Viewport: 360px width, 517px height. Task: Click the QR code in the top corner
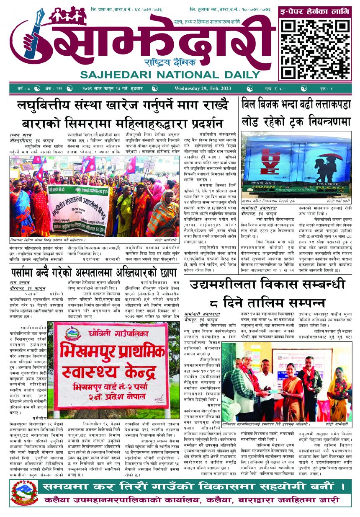pyautogui.click(x=315, y=48)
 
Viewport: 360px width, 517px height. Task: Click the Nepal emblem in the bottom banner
pyautogui.click(x=25, y=493)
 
